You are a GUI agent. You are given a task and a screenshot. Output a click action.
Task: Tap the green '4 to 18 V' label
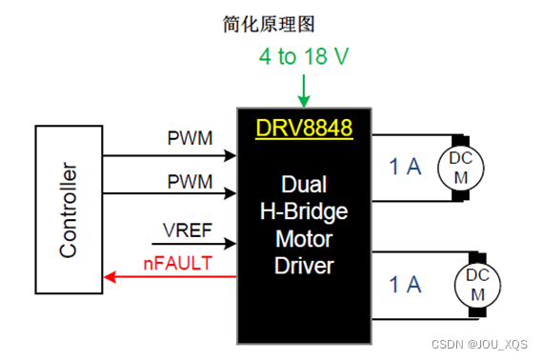pos(304,57)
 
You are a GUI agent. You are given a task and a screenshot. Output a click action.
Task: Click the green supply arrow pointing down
pos(304,93)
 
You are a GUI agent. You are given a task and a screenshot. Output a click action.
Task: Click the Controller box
pos(68,210)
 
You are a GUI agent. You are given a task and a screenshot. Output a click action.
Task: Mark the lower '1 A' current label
pos(405,284)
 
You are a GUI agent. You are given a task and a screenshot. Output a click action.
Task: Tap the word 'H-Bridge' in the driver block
pos(305,211)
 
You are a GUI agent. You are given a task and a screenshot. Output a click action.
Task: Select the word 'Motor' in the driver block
pos(305,238)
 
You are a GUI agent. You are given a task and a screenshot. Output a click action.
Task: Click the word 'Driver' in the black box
pos(305,265)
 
